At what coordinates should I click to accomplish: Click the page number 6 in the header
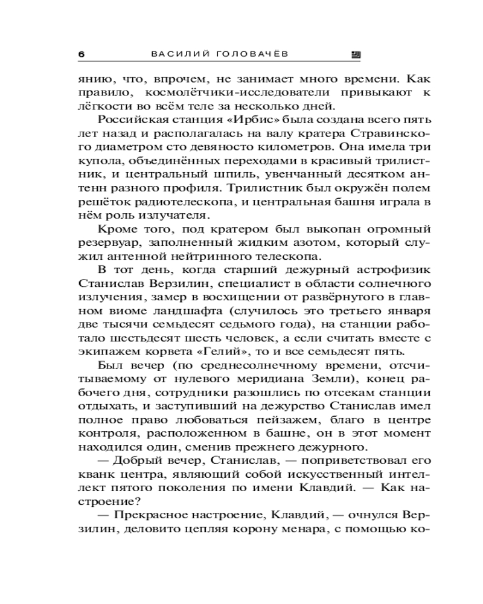pyautogui.click(x=82, y=54)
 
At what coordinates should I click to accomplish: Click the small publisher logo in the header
pyautogui.click(x=356, y=54)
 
